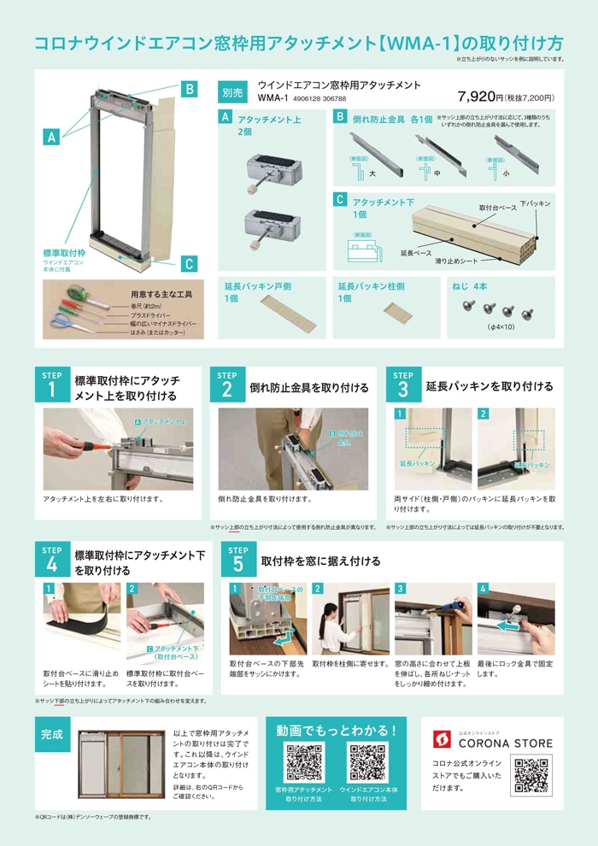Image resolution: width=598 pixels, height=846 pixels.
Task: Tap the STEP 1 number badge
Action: click(x=51, y=386)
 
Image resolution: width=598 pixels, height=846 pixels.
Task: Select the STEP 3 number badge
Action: click(x=402, y=386)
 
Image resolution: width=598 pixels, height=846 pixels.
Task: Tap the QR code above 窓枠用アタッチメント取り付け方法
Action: click(x=303, y=762)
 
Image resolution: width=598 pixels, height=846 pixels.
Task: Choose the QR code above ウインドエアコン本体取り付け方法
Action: click(x=368, y=762)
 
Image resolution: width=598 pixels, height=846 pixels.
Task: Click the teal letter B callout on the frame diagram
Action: click(x=190, y=89)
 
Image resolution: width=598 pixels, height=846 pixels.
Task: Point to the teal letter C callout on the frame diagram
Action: click(x=190, y=263)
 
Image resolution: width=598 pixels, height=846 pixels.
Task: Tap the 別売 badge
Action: click(x=232, y=91)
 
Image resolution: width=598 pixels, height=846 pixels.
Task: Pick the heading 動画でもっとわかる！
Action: click(x=337, y=731)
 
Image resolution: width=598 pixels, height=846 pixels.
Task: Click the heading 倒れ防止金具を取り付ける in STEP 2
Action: click(x=308, y=387)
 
